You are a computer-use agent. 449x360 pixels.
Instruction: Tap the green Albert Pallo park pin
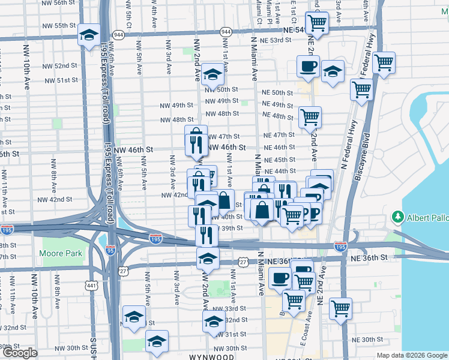point(397,216)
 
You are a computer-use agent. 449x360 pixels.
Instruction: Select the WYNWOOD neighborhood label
point(211,356)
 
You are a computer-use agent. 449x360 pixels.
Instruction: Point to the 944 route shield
point(226,31)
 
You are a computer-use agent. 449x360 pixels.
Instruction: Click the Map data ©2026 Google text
point(411,355)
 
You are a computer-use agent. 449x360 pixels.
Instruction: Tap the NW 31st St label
point(228,334)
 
